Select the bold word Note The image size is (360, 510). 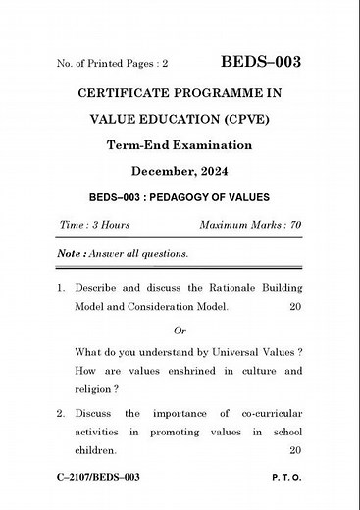(68, 253)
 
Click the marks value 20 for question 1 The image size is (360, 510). (295, 307)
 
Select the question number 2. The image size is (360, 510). (61, 413)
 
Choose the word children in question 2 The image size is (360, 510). (96, 450)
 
